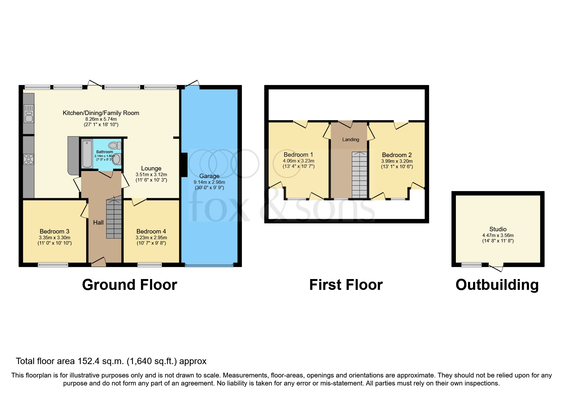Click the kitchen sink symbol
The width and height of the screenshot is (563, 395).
pos(29,114)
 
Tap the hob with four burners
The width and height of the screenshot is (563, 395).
pos(29,159)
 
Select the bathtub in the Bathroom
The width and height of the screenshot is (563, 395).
pos(87,154)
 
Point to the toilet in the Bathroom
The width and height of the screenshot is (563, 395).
pos(114,146)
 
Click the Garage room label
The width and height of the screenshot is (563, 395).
pos(209,176)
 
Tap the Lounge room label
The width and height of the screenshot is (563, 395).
pos(151,168)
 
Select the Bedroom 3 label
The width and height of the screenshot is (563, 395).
pos(54,231)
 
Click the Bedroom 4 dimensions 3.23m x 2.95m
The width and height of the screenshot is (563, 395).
pos(151,237)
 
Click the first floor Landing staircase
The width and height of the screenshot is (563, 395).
pos(360,175)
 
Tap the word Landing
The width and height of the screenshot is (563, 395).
pos(350,140)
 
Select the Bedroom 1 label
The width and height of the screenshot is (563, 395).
pos(298,154)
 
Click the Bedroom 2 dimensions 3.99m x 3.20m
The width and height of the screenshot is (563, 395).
pos(397,161)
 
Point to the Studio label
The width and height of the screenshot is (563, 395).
pos(498,229)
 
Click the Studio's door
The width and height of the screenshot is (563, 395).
pos(496,268)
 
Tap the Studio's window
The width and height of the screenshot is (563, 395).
pos(471,264)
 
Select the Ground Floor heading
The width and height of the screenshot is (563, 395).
pos(129,284)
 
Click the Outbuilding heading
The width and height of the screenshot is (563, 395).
pos(497,284)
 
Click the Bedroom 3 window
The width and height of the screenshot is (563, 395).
pos(53,264)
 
